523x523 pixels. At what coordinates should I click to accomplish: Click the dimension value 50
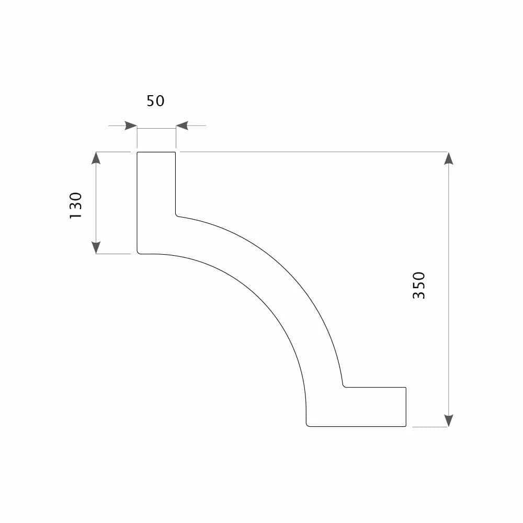pos(155,101)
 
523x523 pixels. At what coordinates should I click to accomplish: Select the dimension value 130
pos(76,206)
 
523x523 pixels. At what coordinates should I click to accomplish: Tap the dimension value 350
pos(419,286)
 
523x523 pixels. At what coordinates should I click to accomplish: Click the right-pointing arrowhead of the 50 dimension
pos(131,126)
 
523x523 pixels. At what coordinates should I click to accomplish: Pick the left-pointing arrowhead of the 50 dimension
pos(182,126)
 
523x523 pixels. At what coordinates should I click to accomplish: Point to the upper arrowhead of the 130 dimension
pos(96,158)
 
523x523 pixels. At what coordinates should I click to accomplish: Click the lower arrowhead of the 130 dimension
pos(96,247)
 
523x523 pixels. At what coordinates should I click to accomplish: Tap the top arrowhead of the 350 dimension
pos(449,158)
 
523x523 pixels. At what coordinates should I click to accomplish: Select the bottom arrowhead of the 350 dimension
pos(449,420)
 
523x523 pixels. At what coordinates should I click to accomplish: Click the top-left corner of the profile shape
pos(138,152)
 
